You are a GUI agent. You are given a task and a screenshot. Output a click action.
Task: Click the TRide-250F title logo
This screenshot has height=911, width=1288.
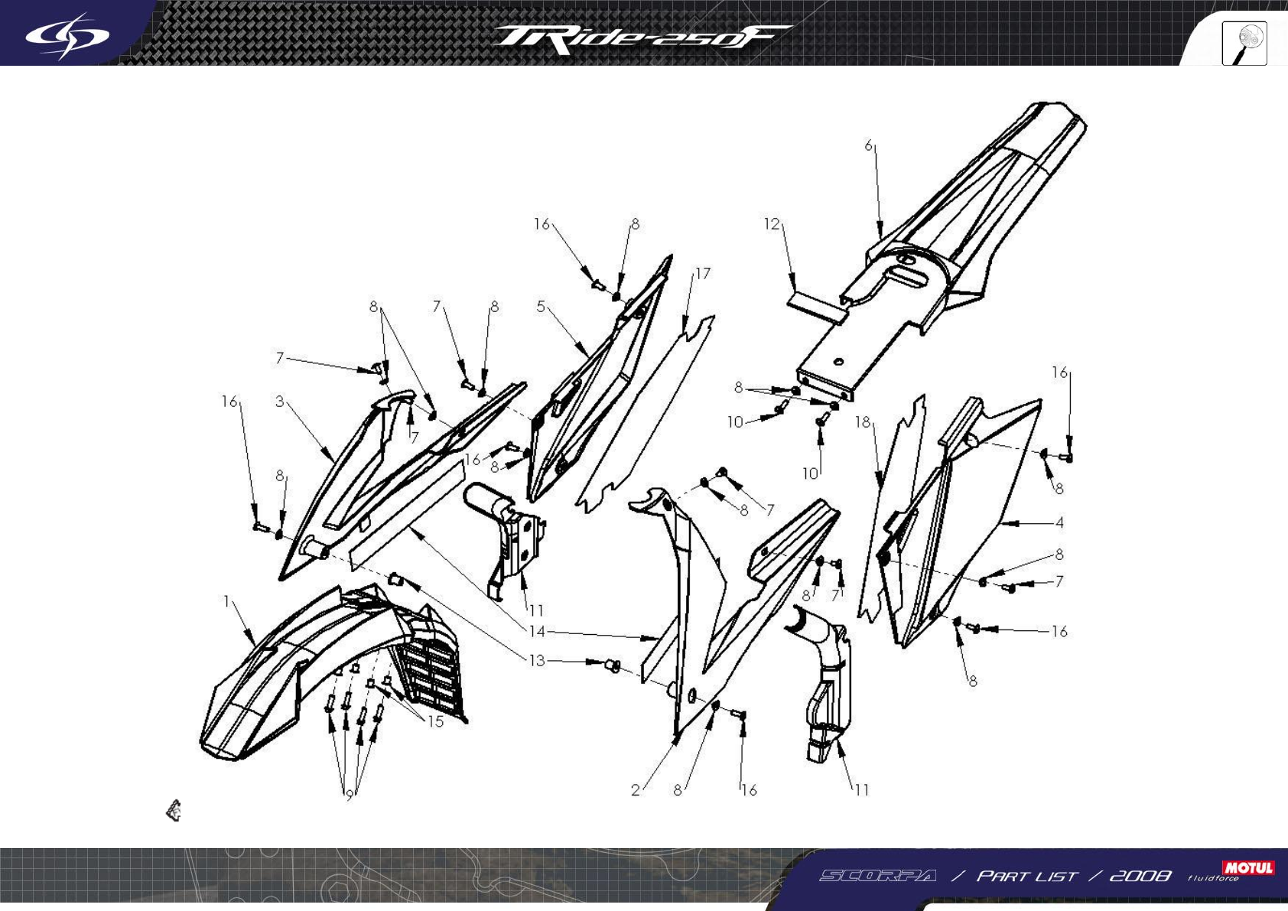(x=641, y=38)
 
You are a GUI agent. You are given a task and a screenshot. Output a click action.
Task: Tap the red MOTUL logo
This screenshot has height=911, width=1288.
(x=1248, y=867)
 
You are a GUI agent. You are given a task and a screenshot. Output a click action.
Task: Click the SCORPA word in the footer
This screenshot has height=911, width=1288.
(x=877, y=875)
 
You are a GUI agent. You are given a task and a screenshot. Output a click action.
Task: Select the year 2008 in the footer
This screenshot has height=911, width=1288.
(x=1140, y=875)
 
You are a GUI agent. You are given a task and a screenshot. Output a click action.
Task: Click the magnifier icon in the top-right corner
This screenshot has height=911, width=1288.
(x=1244, y=44)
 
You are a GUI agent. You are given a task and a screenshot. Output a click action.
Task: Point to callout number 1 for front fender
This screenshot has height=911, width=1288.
(x=226, y=601)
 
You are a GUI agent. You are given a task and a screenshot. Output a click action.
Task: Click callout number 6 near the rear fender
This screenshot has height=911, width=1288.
(x=868, y=145)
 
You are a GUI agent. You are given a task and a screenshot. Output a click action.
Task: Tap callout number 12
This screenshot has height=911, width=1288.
(x=772, y=224)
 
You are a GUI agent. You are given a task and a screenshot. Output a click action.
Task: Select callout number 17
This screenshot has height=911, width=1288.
(x=702, y=273)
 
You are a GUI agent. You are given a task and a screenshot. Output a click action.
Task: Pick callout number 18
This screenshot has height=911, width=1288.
(x=863, y=422)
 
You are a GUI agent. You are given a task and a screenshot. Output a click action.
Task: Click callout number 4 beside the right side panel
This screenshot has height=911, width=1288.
(x=1059, y=523)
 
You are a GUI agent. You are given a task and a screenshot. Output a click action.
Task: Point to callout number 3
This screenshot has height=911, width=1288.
(x=280, y=401)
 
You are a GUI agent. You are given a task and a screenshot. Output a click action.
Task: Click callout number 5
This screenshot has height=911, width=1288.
(x=541, y=307)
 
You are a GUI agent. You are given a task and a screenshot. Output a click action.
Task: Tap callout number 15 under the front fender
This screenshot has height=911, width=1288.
(x=435, y=721)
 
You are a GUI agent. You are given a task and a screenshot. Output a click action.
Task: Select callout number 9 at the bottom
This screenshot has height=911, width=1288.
(x=350, y=795)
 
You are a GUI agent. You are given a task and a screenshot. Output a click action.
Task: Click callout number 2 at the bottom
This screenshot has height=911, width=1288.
(x=635, y=790)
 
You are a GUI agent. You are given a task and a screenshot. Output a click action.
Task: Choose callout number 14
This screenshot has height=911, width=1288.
(x=537, y=631)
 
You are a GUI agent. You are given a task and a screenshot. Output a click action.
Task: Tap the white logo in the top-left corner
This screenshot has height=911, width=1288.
(x=67, y=35)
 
